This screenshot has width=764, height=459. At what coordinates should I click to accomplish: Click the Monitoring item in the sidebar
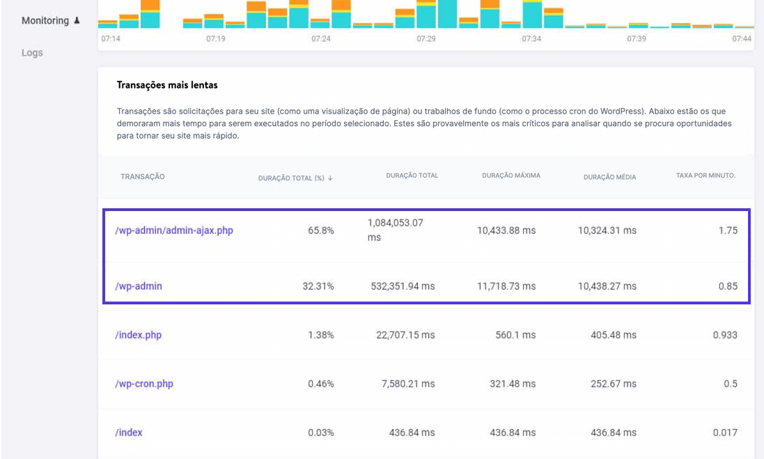(45, 21)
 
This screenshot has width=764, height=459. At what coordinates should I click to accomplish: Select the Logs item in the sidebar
(32, 53)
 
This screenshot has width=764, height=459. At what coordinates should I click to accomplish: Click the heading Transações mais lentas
(167, 85)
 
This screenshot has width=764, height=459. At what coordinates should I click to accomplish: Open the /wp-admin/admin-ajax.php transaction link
(174, 231)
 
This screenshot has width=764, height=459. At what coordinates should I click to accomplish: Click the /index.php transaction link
(138, 335)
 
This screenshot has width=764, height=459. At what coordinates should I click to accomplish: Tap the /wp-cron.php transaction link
(144, 384)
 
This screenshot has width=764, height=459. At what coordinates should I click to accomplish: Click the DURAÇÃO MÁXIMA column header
(511, 176)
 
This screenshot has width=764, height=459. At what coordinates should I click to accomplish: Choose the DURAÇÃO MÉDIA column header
(609, 177)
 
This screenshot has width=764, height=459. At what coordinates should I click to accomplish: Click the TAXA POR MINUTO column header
(705, 176)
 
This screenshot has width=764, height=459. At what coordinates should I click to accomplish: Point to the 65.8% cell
(320, 231)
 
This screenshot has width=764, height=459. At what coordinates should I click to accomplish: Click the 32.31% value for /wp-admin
(318, 286)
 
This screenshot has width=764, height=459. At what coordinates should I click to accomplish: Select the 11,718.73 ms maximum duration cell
(506, 286)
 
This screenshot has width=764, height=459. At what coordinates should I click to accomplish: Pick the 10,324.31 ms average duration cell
(607, 231)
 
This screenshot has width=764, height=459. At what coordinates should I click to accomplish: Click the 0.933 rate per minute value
(725, 335)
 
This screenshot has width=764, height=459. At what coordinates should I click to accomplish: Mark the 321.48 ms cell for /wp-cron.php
(513, 384)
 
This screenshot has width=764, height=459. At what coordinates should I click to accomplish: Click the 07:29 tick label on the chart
(426, 39)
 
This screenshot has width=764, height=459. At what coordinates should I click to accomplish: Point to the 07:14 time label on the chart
(111, 39)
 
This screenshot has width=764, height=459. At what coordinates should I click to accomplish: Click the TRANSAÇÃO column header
(143, 177)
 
